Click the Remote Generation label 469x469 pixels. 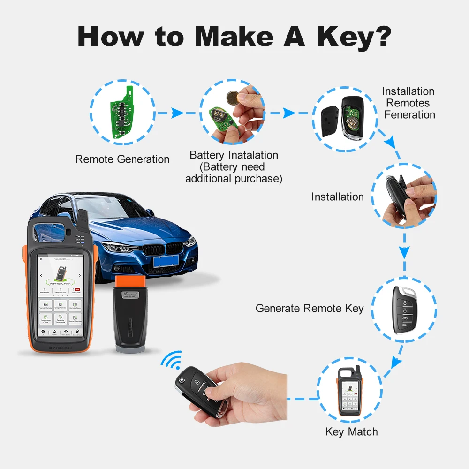pos(122,159)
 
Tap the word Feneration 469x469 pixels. pos(409,115)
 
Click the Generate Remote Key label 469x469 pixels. pos(310,308)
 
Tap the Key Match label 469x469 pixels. pos(351,432)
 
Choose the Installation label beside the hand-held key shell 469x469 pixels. pos(337,197)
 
